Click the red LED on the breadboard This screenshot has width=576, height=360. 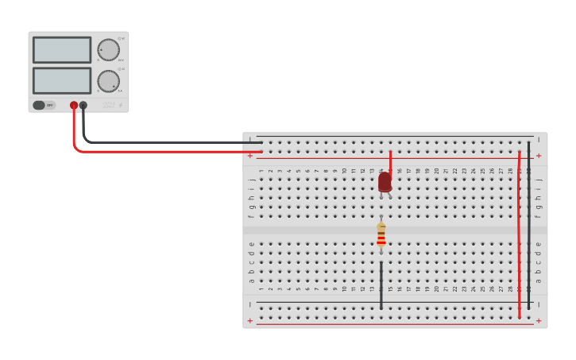385,182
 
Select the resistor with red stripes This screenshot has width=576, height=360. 381,234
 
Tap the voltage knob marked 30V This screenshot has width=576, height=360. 108,49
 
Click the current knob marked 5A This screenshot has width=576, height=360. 108,80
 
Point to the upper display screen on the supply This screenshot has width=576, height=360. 62,50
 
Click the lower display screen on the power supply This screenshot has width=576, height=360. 62,80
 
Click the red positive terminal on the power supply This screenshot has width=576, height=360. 74,105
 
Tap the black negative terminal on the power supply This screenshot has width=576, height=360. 83,105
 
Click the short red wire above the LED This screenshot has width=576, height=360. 390,159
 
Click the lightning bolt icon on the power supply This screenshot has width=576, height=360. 121,105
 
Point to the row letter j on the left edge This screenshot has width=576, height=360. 252,180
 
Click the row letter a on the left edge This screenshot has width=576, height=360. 252,281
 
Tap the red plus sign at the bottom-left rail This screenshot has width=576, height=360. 250,321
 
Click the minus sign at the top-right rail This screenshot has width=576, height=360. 539,141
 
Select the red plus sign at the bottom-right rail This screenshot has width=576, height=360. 539,321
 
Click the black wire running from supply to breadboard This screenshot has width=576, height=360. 159,142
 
